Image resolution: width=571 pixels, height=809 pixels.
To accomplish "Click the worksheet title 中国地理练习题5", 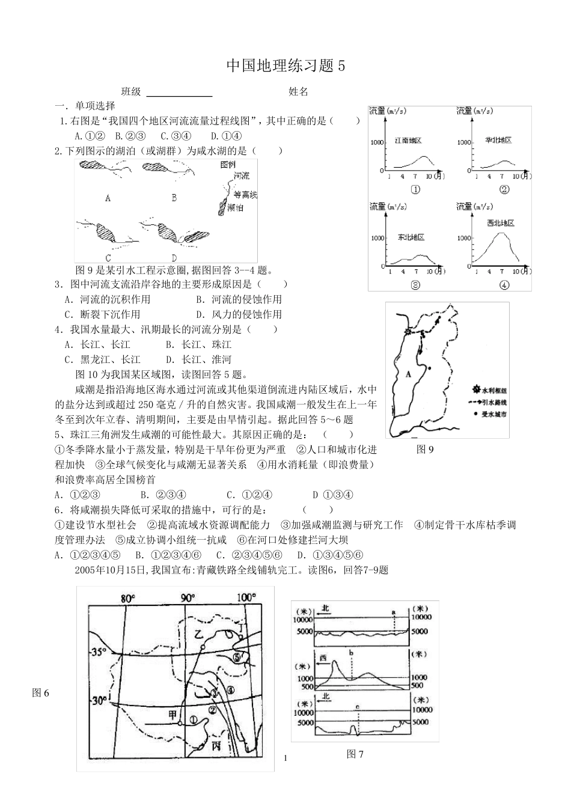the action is [286, 66].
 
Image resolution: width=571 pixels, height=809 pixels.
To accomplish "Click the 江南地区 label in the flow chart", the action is [408, 140].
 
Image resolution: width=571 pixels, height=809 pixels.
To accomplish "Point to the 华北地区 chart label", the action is [498, 140].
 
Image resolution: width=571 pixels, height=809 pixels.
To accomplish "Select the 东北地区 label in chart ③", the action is [411, 237].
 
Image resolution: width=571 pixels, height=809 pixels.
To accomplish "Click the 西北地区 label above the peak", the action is [501, 223].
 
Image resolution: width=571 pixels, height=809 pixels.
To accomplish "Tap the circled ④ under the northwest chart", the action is [504, 286].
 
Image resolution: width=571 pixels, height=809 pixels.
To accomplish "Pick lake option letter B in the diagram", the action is [174, 197].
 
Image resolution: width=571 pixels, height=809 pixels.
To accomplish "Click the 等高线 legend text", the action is [245, 195].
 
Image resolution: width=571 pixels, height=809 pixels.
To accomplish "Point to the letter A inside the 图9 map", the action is [409, 374].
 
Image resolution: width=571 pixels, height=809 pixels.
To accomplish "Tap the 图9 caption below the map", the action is [425, 448].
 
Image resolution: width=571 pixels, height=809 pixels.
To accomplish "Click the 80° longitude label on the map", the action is [127, 598].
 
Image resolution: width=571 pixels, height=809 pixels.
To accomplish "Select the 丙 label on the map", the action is [216, 745].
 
